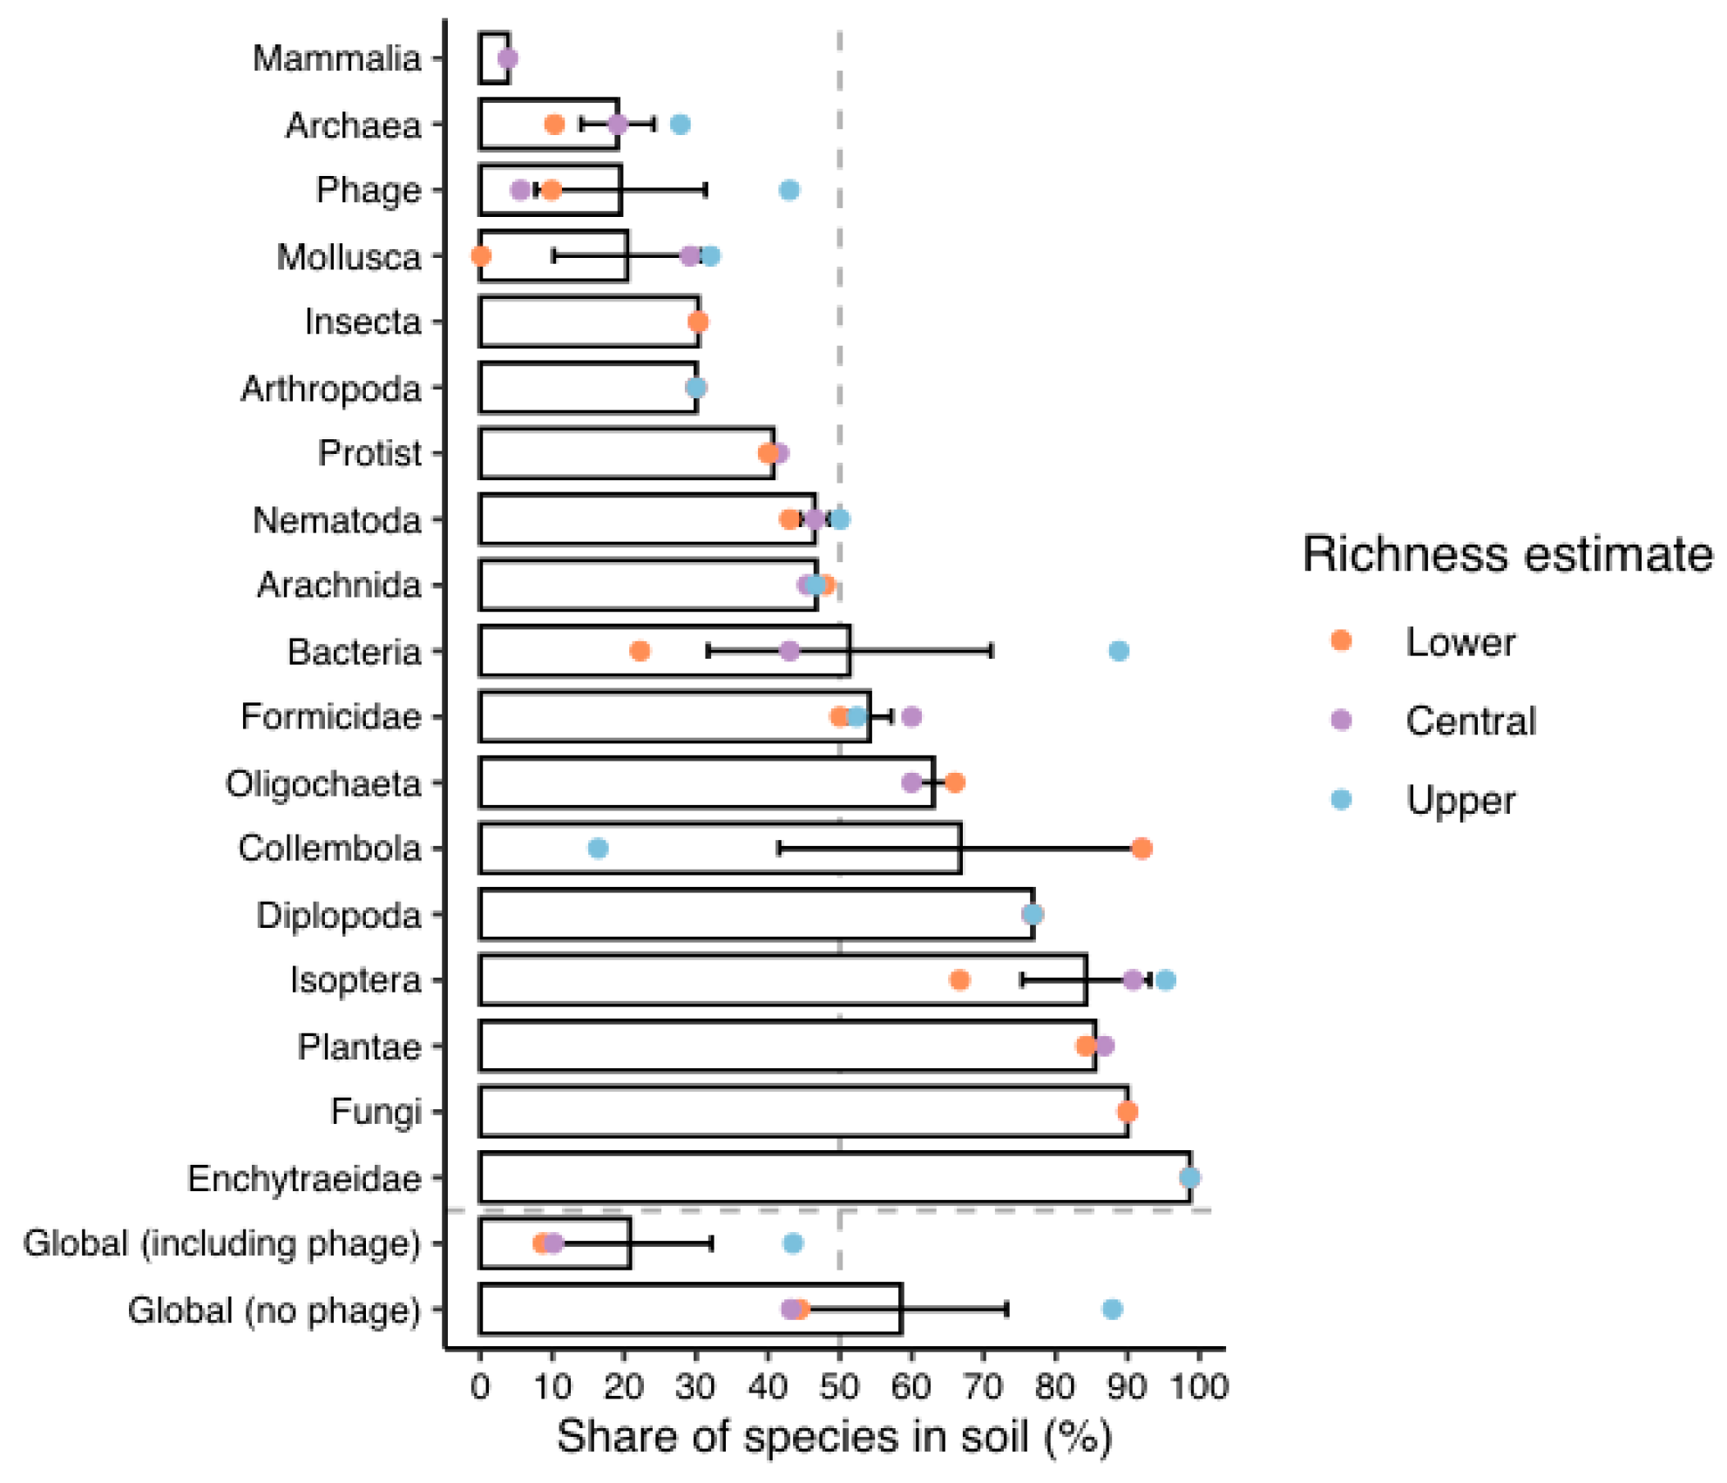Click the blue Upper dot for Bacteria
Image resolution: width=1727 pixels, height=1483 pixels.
1119,651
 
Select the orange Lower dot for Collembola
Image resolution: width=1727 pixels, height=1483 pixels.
1141,849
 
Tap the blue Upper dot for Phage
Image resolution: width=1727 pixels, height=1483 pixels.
789,190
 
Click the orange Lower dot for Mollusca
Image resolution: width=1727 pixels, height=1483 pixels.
480,256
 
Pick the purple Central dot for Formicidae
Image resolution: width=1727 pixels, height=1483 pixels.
911,716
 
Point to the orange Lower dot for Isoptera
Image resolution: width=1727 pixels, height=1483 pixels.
959,980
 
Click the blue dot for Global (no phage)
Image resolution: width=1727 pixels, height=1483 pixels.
1112,1309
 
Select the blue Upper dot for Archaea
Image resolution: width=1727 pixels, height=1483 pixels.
681,125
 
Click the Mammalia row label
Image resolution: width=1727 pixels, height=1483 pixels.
336,58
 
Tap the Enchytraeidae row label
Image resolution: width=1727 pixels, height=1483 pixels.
304,1178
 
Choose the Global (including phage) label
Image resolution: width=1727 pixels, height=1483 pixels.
221,1243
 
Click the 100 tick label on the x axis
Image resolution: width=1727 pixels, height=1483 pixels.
1199,1385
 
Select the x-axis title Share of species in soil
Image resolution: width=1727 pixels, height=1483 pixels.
834,1436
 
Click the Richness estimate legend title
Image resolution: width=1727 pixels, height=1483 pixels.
1507,554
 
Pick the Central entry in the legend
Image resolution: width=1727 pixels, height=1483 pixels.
1470,721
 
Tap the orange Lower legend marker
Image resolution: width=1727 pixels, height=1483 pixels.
1341,641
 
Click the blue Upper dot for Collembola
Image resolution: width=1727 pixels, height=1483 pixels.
598,849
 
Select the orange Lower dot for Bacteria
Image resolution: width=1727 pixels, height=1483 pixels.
640,651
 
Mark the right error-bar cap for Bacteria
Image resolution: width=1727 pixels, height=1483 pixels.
992,651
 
